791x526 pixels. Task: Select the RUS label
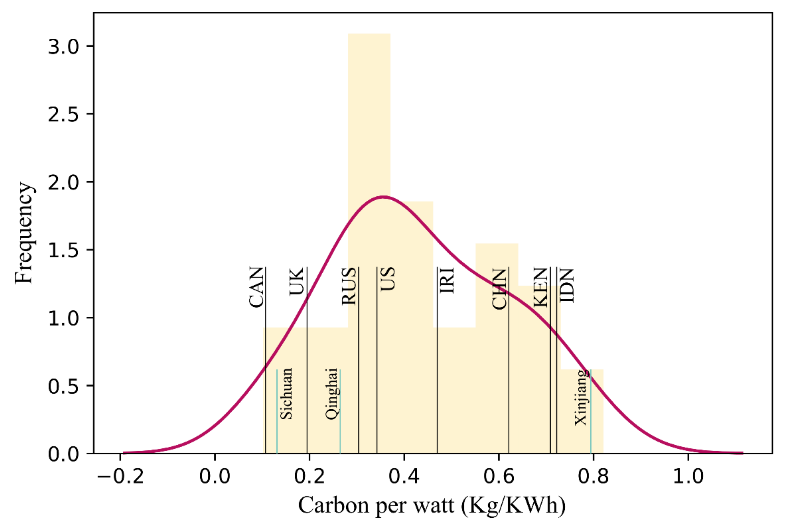pos(349,286)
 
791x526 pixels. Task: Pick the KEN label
pos(541,287)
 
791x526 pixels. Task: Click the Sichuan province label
pos(286,394)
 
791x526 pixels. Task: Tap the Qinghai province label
pos(331,394)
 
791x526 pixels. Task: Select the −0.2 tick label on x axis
pos(120,476)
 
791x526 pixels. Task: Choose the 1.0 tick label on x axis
pos(688,476)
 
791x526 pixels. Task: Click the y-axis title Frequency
pos(24,233)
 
